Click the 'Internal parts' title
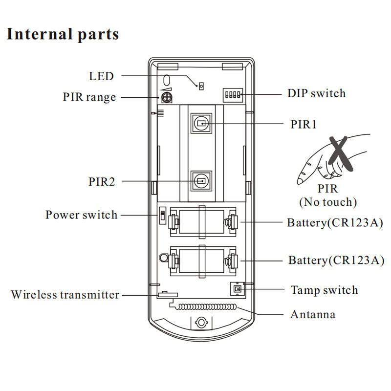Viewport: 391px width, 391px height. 63,34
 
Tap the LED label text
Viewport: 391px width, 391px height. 101,76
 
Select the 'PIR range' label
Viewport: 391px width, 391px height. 89,97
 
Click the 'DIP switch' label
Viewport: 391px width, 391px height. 316,93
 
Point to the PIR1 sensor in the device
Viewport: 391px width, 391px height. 201,123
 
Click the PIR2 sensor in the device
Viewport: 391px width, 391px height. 201,181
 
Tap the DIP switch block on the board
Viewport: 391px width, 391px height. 233,95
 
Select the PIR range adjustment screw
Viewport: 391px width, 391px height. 167,97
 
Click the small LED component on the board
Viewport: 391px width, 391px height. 201,87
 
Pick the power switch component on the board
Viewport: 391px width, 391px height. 163,216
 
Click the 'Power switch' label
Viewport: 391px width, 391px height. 81,215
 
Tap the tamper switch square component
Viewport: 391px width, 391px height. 238,289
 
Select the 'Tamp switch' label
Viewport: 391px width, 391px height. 324,290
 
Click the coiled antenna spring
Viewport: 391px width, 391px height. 206,306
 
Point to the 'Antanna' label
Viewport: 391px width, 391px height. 313,314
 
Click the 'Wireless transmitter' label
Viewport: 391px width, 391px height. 65,295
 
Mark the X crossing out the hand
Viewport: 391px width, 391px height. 340,153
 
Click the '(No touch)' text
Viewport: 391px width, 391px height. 328,202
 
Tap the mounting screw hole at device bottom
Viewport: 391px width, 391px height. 201,323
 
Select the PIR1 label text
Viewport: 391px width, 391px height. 304,125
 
